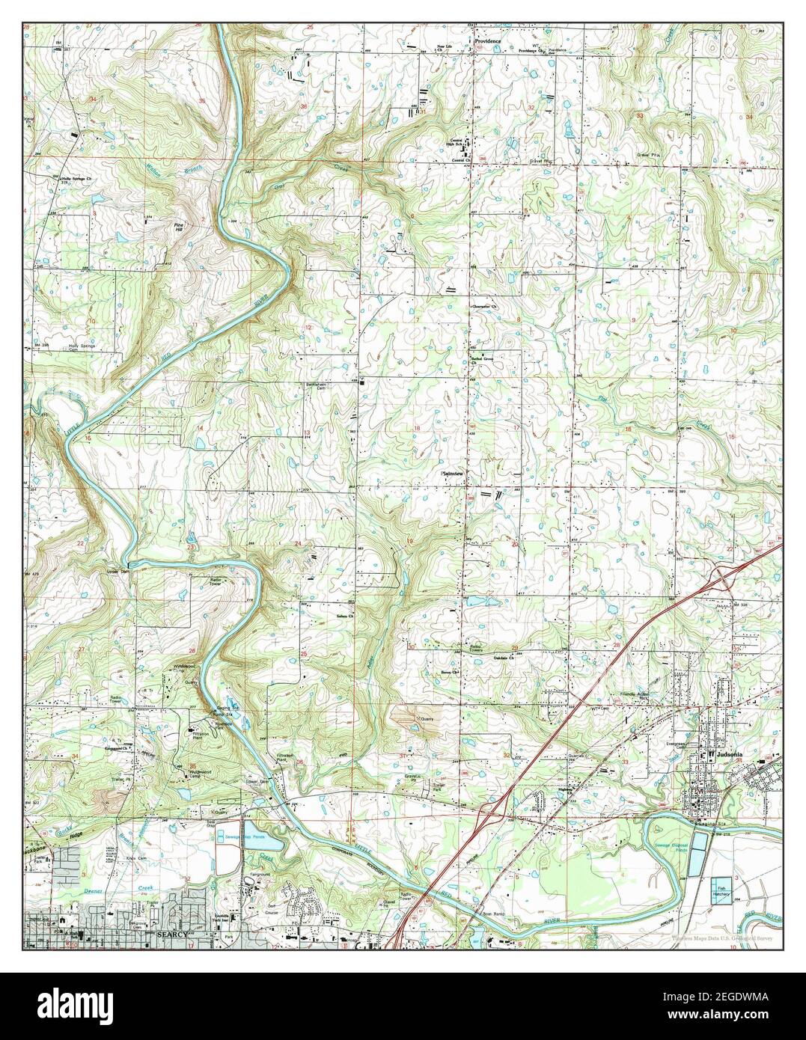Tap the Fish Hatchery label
click(721, 887)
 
